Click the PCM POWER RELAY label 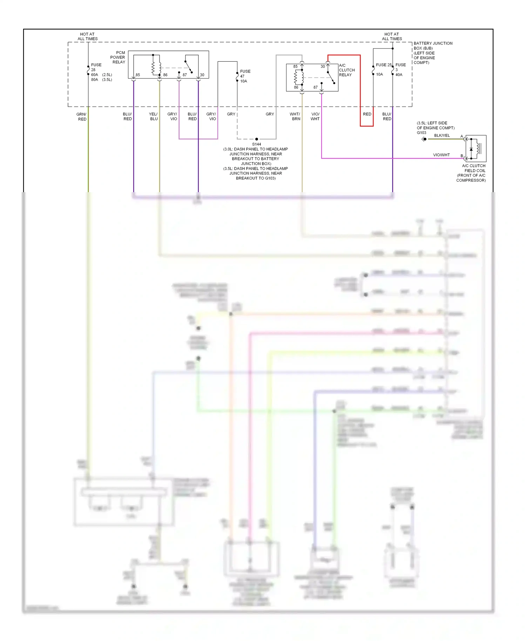pyautogui.click(x=118, y=57)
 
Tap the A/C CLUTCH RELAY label pyautogui.click(x=346, y=70)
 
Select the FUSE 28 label pyautogui.click(x=96, y=67)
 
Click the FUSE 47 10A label pyautogui.click(x=245, y=76)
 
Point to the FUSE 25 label pyautogui.click(x=383, y=65)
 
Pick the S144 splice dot pyautogui.click(x=257, y=139)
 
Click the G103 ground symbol pyautogui.click(x=424, y=139)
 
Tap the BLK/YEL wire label pyautogui.click(x=442, y=135)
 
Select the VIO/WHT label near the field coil pyautogui.click(x=441, y=155)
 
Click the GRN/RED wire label pyautogui.click(x=82, y=117)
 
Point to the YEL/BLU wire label pyautogui.click(x=154, y=116)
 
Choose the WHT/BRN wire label pyautogui.click(x=295, y=116)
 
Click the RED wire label pyautogui.click(x=367, y=114)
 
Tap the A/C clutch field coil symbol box pyautogui.click(x=476, y=148)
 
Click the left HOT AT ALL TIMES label pyautogui.click(x=87, y=36)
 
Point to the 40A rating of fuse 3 pyautogui.click(x=399, y=75)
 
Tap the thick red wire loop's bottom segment pyautogui.click(x=366, y=126)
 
